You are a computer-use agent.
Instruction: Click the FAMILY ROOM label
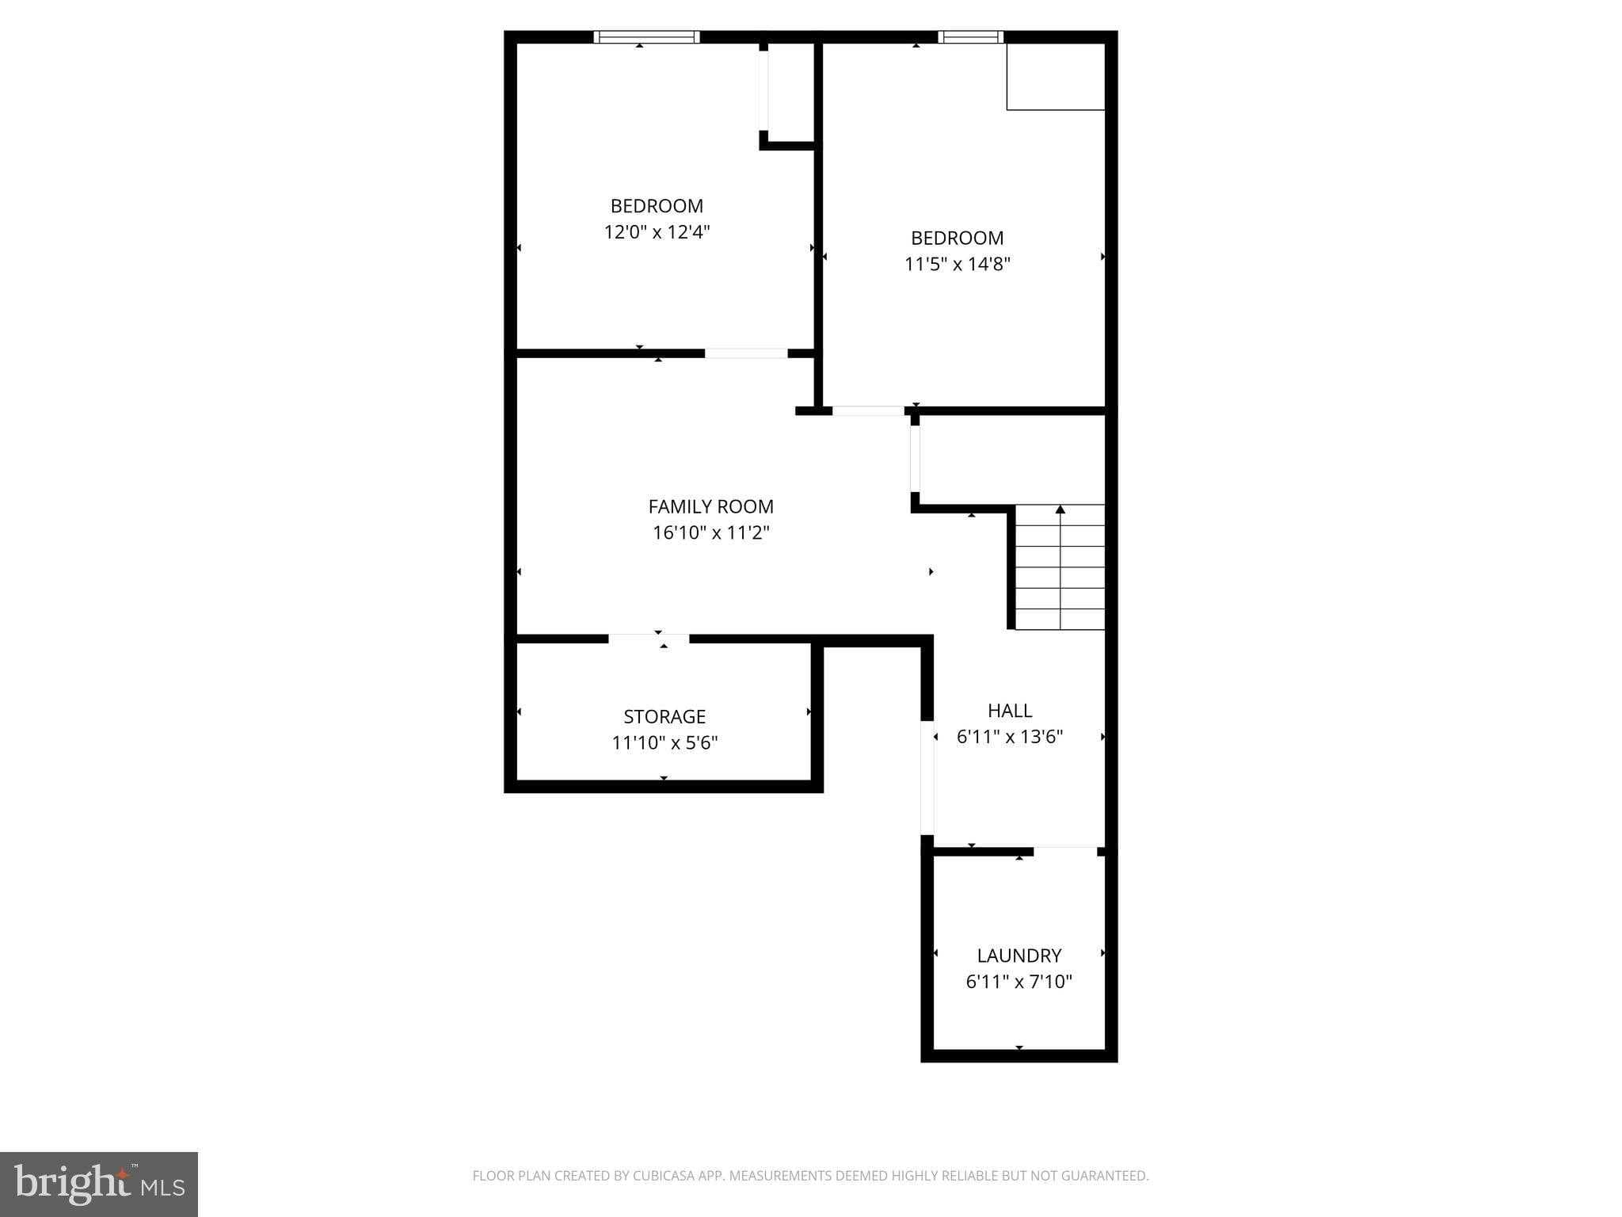[710, 506]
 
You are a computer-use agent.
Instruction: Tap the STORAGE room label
[664, 716]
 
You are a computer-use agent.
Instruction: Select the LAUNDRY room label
[1019, 956]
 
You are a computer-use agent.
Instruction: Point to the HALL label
[1010, 711]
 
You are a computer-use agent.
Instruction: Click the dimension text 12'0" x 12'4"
[657, 232]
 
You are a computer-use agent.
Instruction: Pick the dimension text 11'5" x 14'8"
[957, 264]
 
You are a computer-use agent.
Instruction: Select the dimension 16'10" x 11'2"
[710, 532]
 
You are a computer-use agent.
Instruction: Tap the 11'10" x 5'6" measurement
[664, 742]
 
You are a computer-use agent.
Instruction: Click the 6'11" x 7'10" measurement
[1019, 982]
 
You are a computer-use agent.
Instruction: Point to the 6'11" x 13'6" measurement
[1010, 737]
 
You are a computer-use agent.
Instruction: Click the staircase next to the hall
[1060, 567]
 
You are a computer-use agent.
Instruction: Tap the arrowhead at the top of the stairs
[1060, 509]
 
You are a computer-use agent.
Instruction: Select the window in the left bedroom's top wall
[646, 36]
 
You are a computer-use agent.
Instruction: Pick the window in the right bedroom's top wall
[970, 36]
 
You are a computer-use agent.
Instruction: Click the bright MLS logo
[99, 1185]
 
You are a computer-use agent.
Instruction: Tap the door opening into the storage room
[649, 639]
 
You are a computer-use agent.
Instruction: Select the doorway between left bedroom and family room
[746, 353]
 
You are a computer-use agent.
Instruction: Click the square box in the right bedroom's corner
[1056, 76]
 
